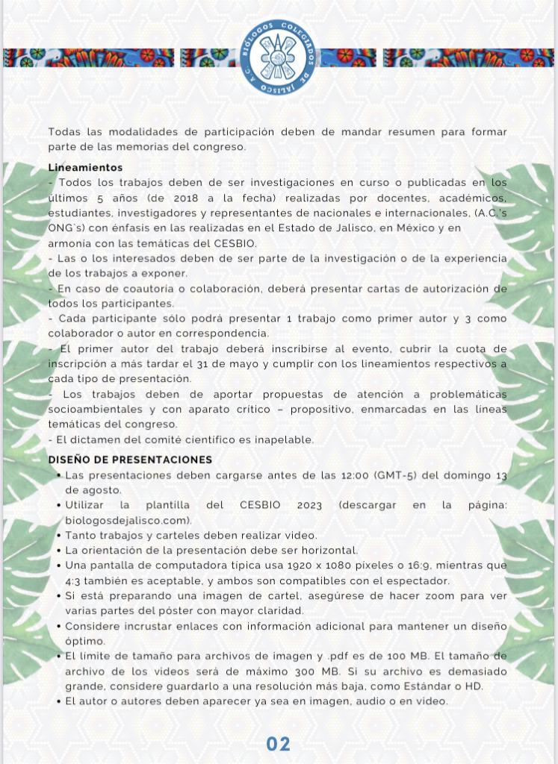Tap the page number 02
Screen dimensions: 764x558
click(279, 744)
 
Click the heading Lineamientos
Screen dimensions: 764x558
click(85, 168)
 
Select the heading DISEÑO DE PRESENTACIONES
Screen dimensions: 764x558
click(130, 460)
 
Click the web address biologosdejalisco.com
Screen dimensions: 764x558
click(128, 520)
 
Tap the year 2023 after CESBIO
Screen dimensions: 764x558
click(309, 505)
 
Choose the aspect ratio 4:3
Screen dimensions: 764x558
click(75, 580)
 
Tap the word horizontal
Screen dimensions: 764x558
click(325, 551)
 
